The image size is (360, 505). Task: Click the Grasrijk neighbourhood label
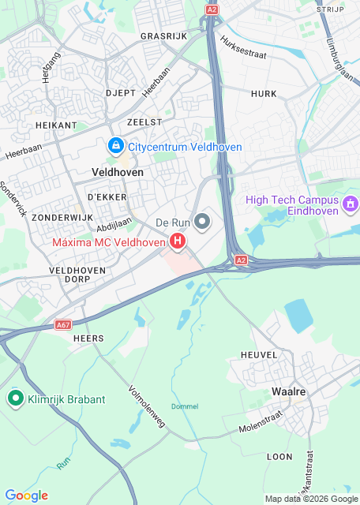click(163, 36)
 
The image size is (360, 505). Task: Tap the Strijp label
click(331, 9)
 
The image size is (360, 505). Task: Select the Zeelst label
click(144, 122)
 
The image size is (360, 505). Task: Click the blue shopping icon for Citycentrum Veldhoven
click(116, 146)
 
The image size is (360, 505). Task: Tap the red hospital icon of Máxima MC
click(178, 241)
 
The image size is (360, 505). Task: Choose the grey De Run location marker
click(203, 222)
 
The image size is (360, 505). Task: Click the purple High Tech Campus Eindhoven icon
click(351, 205)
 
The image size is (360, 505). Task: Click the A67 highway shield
click(64, 324)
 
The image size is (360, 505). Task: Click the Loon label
click(279, 456)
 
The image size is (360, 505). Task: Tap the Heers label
click(88, 338)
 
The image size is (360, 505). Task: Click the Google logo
click(26, 496)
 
